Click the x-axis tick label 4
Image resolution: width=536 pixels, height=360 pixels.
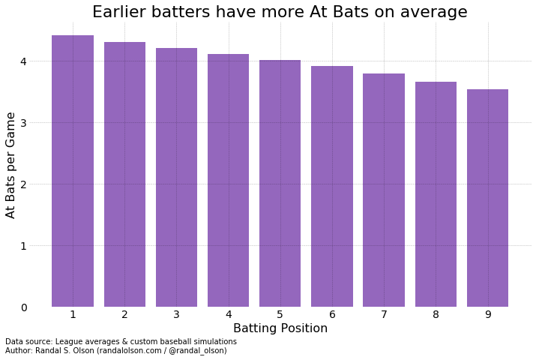click(x=228, y=315)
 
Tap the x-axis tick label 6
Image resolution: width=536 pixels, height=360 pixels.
click(x=332, y=315)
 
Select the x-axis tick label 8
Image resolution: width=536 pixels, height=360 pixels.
click(x=436, y=315)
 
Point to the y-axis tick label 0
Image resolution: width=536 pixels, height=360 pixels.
click(x=24, y=307)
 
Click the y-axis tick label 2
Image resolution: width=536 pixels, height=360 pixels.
click(x=24, y=184)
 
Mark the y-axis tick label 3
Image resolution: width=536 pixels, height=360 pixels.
click(x=24, y=123)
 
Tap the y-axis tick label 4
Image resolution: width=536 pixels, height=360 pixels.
click(x=24, y=61)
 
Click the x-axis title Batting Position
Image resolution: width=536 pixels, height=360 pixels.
click(x=280, y=328)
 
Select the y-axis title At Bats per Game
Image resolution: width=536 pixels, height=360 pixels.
click(x=11, y=165)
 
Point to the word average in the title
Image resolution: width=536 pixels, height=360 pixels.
click(x=435, y=12)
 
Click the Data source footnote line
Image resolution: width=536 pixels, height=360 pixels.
click(x=121, y=341)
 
